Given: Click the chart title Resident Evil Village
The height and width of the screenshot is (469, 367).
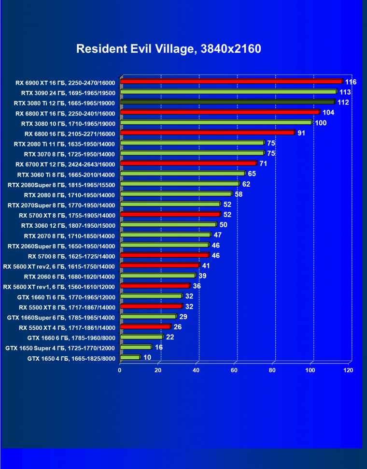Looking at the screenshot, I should (169, 49).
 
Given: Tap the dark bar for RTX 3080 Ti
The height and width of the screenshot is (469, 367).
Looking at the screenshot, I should (227, 102).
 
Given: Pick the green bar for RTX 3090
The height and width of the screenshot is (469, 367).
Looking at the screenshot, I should (228, 91).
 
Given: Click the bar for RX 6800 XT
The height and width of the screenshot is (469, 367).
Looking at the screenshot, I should (219, 112).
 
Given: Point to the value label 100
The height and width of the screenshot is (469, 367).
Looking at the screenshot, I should (321, 123).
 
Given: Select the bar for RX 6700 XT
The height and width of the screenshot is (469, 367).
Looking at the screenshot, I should (188, 163).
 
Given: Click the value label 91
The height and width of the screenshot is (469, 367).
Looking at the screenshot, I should (301, 133).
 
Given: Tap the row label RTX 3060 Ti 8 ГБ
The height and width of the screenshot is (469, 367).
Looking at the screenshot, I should (66, 175).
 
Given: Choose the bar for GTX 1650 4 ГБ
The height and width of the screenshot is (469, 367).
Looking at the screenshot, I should (129, 357).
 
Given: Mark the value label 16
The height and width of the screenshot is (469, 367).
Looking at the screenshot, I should (158, 347).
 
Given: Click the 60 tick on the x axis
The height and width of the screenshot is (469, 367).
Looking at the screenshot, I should (235, 370).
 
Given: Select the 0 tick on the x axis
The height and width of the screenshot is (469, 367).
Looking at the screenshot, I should (120, 370).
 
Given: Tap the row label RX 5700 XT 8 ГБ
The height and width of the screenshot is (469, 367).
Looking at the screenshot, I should (67, 215).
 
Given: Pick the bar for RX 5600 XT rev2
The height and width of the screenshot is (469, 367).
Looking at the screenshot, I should (159, 265).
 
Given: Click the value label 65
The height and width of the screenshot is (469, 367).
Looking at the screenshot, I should (252, 174).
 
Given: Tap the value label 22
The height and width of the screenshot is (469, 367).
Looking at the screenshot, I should (169, 337).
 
